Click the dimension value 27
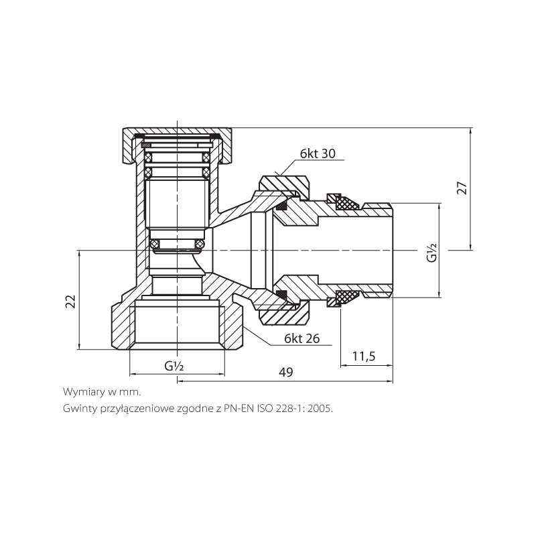462,188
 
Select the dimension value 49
286,373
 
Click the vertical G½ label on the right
433,254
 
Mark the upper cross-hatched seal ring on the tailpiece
347,202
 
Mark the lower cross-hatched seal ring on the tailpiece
347,295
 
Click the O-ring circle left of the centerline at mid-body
154,242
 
